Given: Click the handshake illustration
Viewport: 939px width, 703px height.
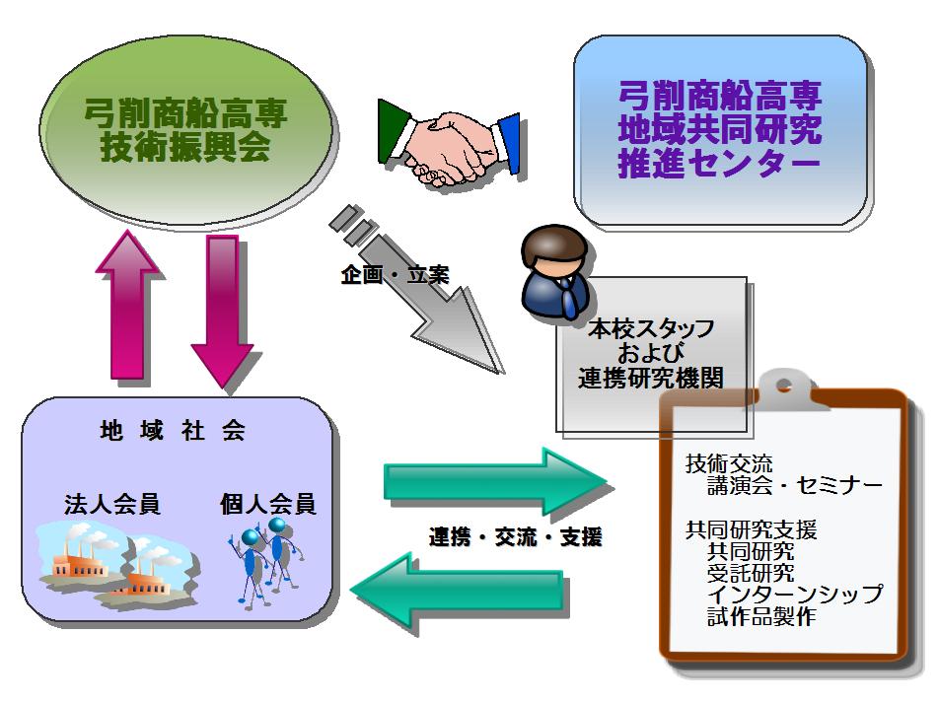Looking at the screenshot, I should click(449, 147).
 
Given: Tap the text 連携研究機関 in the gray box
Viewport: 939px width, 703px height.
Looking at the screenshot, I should click(650, 378).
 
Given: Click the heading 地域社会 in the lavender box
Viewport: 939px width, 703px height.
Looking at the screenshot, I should click(173, 431).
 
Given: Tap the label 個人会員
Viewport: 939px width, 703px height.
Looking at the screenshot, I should click(268, 505).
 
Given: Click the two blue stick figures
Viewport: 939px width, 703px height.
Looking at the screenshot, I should click(264, 562).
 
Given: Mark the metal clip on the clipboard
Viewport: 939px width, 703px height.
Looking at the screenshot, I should click(785, 385).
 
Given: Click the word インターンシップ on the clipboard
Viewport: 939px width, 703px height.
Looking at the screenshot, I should click(794, 595).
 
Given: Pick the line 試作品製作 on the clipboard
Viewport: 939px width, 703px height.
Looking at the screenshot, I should click(760, 617).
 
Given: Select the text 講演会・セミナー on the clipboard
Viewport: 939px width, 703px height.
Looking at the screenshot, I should click(794, 485).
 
